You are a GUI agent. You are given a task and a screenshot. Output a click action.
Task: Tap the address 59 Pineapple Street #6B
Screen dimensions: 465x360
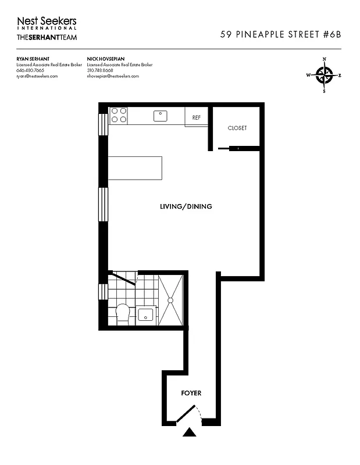[280, 34]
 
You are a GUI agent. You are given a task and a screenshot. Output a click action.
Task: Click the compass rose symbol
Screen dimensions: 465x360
[324, 75]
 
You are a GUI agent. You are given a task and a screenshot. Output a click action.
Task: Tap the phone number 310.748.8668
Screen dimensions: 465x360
[101, 71]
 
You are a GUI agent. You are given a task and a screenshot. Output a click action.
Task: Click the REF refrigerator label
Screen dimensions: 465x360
[197, 117]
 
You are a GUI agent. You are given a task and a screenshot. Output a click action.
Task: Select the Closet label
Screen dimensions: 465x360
[237, 128]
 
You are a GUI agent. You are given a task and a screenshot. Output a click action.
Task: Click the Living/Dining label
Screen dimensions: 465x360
[186, 206]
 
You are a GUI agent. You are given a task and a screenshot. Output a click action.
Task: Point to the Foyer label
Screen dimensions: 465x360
[191, 394]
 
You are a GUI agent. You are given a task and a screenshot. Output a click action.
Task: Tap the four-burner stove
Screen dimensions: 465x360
[119, 115]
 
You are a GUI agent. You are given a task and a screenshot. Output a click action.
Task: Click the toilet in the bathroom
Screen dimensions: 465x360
[123, 314]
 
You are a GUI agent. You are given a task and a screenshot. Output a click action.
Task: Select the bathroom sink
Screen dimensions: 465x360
[145, 316]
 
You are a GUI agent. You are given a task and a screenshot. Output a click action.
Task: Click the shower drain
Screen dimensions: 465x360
[171, 300]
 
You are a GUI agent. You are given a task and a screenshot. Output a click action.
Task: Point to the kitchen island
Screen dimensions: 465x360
[134, 168]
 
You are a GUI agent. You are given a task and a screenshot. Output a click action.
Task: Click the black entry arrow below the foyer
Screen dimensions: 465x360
[189, 432]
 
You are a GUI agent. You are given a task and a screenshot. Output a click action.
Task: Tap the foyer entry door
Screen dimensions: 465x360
[186, 414]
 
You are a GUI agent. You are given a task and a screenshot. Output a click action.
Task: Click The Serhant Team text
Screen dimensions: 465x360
[47, 38]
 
